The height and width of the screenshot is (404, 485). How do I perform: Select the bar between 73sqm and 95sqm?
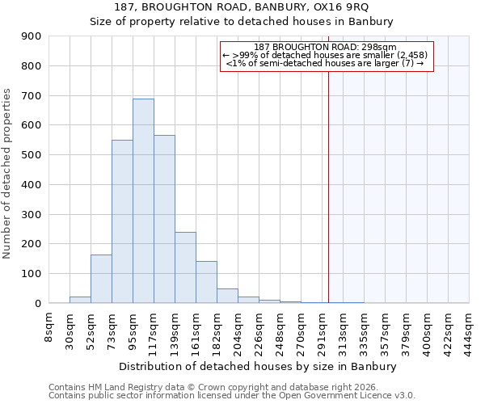click(x=122, y=221)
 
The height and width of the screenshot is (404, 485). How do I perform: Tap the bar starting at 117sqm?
click(x=164, y=219)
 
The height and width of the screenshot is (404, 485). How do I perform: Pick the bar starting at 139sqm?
click(x=185, y=267)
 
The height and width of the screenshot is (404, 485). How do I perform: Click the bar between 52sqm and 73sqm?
click(x=101, y=279)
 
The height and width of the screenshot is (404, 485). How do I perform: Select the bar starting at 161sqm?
click(x=206, y=282)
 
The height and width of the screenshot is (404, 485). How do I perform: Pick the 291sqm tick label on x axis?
click(x=322, y=330)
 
